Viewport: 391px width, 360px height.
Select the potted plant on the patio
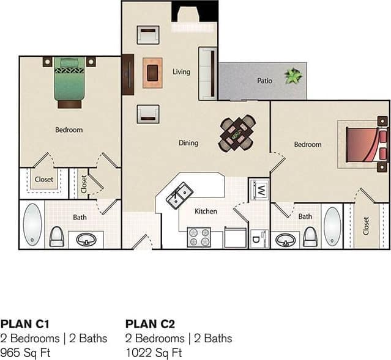pos(294,76)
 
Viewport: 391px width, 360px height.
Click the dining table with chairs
pos(237,133)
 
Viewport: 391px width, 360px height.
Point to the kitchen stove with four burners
pos(198,237)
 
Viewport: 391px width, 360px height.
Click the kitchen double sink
pos(177,196)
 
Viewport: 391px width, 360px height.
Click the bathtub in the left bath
pos(32,224)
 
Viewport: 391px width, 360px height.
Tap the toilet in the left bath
pos(57,236)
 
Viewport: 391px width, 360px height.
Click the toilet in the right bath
pos(310,236)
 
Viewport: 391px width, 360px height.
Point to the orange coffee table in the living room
pos(152,73)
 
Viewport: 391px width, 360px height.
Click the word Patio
pos(264,81)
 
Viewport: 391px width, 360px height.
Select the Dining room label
pos(188,143)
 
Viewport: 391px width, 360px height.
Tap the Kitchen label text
pos(206,211)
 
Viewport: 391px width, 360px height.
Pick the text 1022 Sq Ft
pos(154,353)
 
